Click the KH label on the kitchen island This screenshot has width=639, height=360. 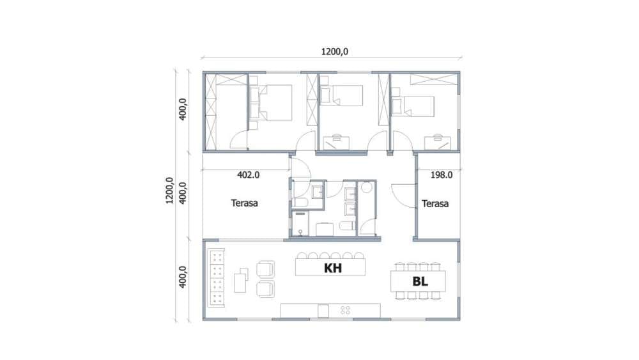(x=332, y=268)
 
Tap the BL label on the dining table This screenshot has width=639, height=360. (x=420, y=281)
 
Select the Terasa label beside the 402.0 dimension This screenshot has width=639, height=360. (x=244, y=203)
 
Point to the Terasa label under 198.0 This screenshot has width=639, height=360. (x=435, y=203)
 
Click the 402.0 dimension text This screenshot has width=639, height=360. (x=248, y=175)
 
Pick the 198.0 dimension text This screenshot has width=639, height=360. (x=442, y=175)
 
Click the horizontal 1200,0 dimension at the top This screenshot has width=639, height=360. (x=335, y=52)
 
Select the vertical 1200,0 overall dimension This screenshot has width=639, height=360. (x=169, y=191)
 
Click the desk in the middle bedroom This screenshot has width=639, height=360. (x=336, y=143)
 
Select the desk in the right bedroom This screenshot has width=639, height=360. (x=437, y=143)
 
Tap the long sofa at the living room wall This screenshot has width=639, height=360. (x=215, y=278)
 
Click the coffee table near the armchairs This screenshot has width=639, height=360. (x=241, y=281)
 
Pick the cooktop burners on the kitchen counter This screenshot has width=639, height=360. (x=345, y=311)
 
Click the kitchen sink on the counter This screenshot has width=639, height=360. (x=323, y=311)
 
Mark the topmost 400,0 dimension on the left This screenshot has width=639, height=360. (x=182, y=109)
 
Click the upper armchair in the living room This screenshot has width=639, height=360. (x=265, y=269)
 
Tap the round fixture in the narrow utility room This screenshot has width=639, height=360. (x=367, y=187)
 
